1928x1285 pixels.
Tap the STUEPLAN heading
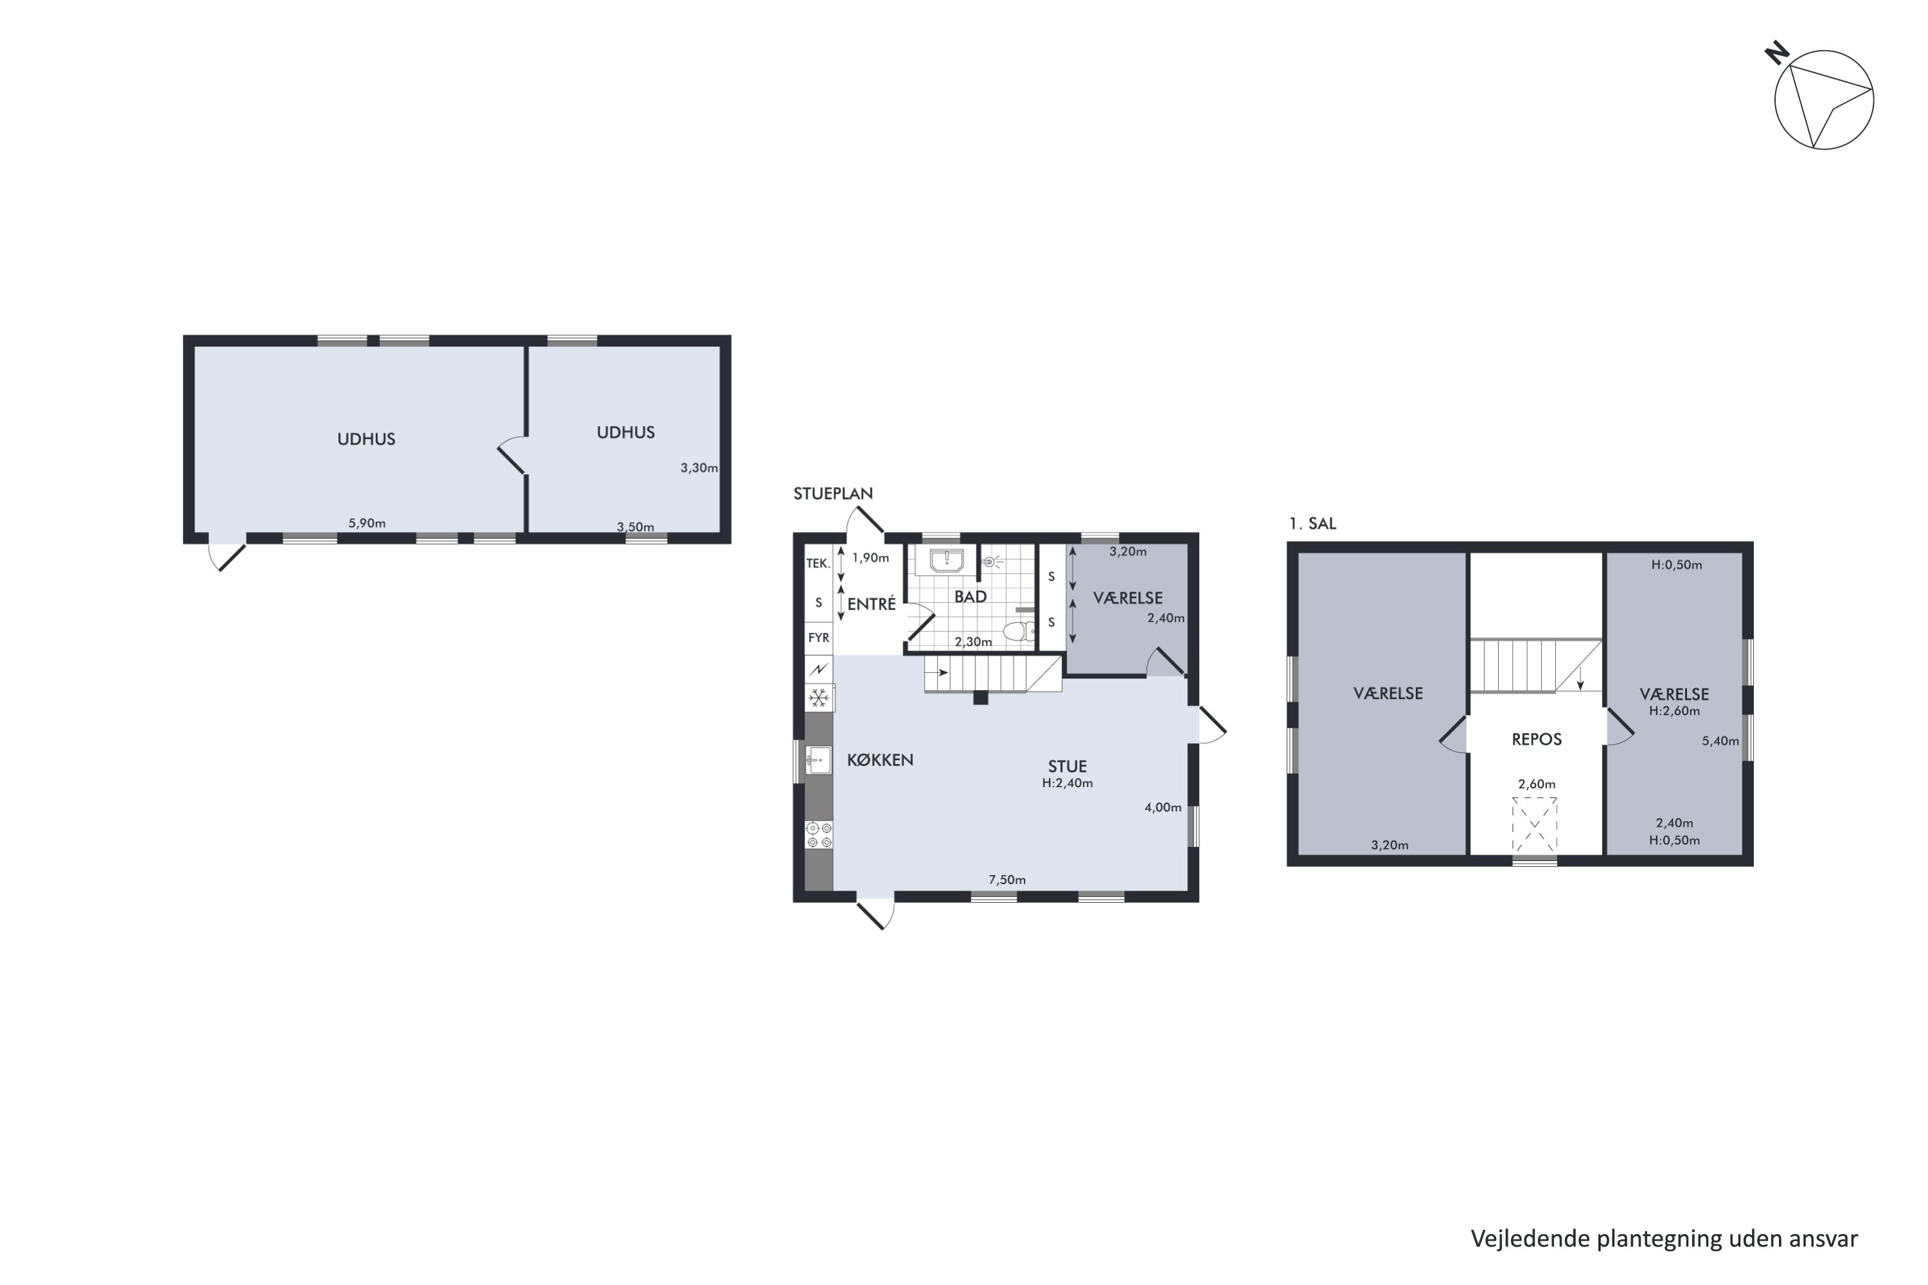[833, 493]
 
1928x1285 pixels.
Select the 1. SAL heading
[1312, 524]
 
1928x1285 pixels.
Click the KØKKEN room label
[880, 759]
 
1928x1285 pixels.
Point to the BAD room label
[970, 597]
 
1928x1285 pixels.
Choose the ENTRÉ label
[871, 604]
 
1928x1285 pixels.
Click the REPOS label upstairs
[1536, 740]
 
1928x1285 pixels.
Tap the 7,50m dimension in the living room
[1006, 880]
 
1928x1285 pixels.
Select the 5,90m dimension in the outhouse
[366, 524]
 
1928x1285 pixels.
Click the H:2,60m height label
[1674, 711]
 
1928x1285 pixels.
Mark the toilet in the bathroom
[1018, 630]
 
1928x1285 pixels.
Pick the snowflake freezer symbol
[818, 698]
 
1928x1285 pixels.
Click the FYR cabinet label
[818, 637]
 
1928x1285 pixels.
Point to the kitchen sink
[817, 759]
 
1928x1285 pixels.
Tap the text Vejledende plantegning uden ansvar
[1664, 1238]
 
